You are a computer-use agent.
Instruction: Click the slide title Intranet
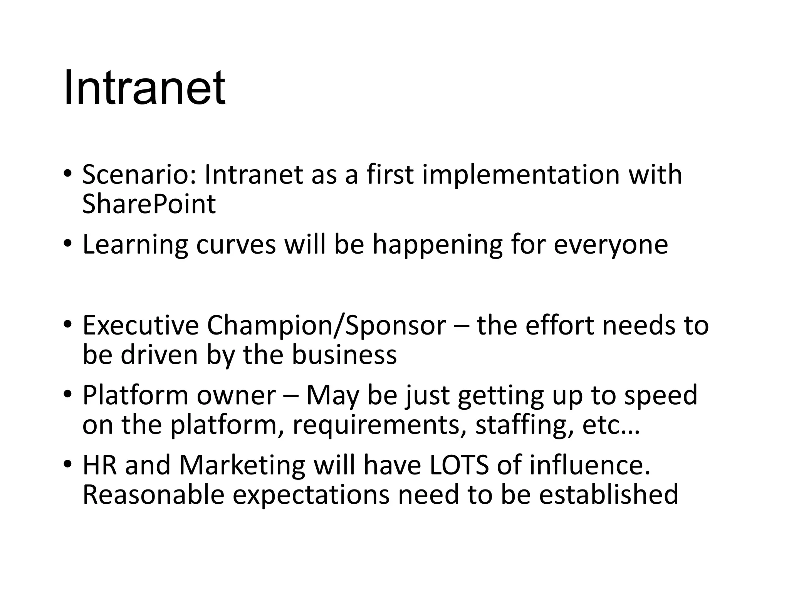(144, 88)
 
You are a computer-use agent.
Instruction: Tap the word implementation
(521, 175)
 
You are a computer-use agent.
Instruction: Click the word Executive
(140, 325)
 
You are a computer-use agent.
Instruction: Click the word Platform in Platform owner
(135, 395)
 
